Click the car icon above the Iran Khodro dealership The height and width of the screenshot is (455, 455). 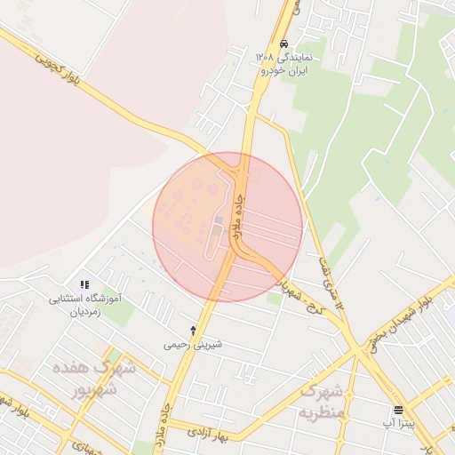click(x=283, y=44)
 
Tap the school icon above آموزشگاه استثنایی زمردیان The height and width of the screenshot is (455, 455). click(x=84, y=284)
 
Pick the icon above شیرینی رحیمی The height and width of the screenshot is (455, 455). click(x=194, y=330)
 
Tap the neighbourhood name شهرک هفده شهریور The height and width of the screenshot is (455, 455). click(x=93, y=378)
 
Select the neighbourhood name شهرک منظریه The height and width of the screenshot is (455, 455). click(x=320, y=402)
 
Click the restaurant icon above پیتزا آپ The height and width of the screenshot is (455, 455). click(x=398, y=410)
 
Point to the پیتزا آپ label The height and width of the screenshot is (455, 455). click(x=397, y=423)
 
